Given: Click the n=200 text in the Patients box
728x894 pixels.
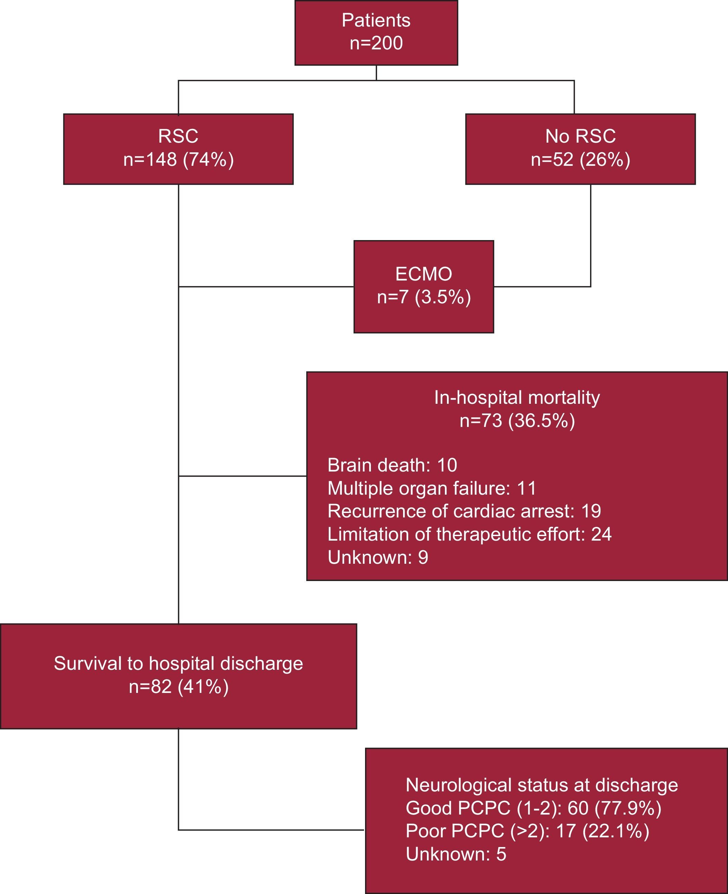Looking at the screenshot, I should point(376,43).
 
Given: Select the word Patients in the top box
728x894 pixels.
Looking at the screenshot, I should point(376,20).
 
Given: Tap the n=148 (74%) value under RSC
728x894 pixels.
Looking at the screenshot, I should point(178,160).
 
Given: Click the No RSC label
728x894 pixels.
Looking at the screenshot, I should point(580,136).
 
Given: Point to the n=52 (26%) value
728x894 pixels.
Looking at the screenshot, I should point(580,160).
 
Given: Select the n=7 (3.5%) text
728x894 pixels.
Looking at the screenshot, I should point(423,297).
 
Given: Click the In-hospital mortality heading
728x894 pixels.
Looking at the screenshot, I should point(517,397).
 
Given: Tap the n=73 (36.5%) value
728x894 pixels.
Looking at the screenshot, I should point(517,420).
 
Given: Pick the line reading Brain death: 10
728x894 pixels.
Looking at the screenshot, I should point(392,465).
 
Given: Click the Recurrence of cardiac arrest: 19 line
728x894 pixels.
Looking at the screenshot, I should point(464,511).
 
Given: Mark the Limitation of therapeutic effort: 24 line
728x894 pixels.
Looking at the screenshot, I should point(469,534).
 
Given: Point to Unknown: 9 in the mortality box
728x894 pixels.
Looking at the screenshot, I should point(378,558).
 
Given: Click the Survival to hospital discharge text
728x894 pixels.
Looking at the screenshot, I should point(178,664).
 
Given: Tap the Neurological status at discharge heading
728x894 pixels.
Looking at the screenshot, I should point(542,785).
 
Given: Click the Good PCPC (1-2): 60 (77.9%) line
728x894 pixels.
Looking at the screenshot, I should point(533,808).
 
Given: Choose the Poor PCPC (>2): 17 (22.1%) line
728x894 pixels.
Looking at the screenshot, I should point(527,831).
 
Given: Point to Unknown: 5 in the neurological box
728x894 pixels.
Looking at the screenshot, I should point(456,854).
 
